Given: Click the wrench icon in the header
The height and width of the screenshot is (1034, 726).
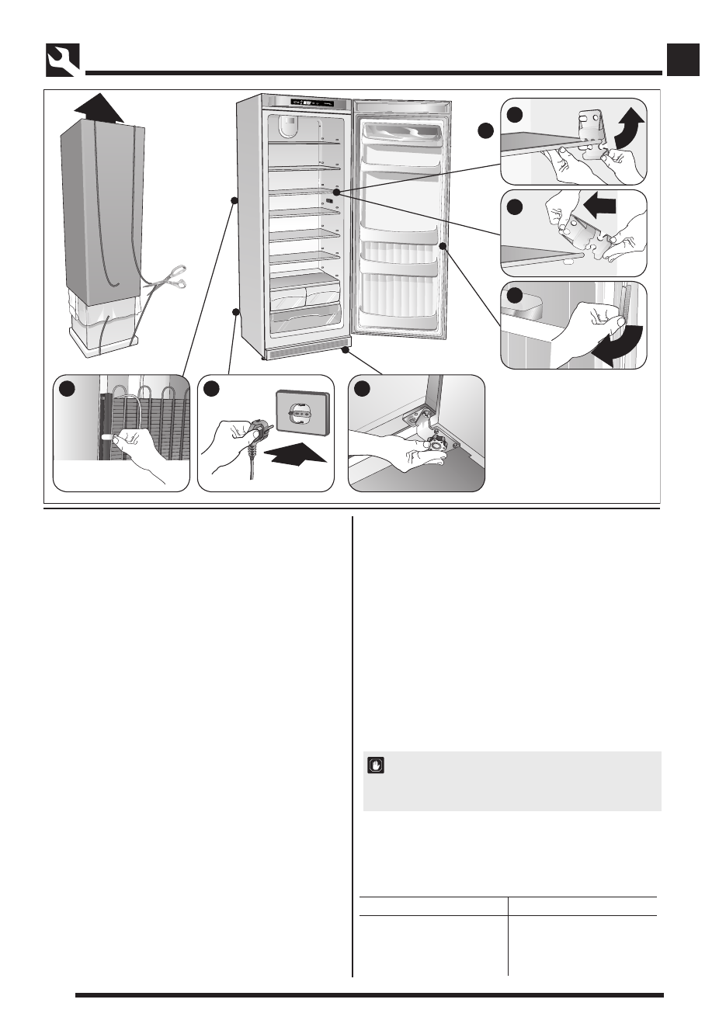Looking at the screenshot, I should pos(62,60).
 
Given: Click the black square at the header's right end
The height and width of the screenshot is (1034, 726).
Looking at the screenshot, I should pos(683,60).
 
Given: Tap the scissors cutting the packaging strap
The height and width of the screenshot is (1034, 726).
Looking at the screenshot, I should pos(168,280).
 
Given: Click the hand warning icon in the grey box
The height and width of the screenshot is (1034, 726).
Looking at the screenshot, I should pos(375,765).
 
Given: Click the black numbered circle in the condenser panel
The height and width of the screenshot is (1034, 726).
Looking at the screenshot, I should pos(68,388).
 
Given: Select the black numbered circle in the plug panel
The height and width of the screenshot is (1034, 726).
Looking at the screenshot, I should pos(211,388).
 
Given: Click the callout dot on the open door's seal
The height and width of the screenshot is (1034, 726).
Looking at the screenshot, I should pos(443,246).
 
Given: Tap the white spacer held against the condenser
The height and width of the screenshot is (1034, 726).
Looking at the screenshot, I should pos(109,439).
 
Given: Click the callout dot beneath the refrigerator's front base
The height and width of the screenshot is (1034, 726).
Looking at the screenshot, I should pos(342,351).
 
